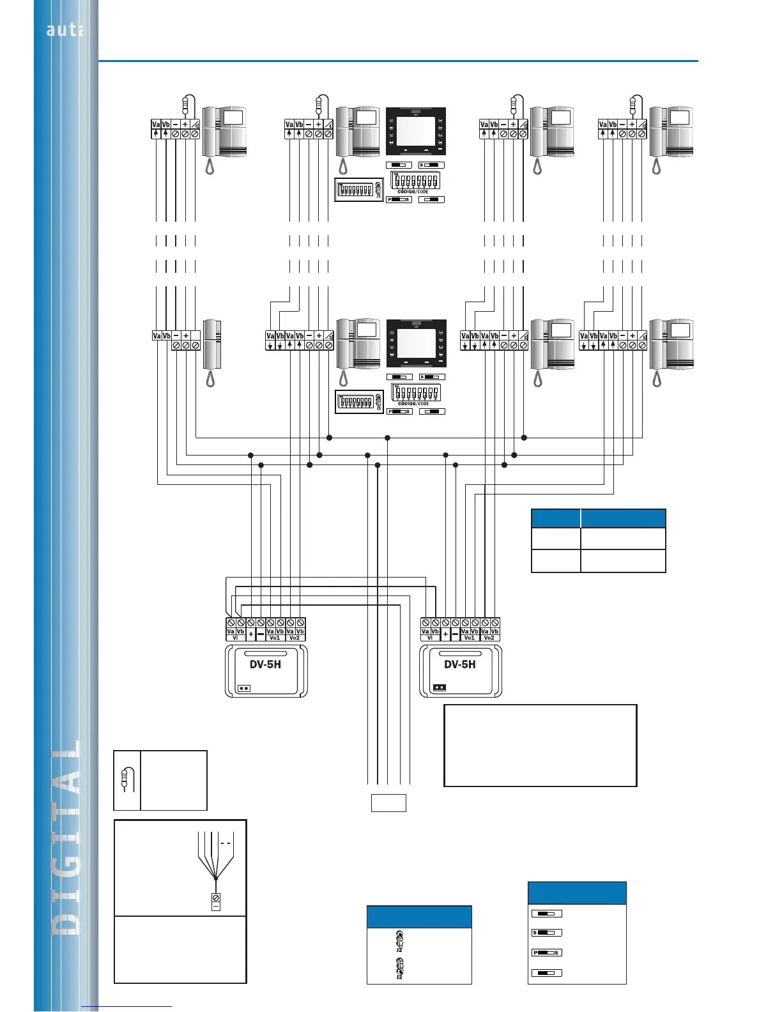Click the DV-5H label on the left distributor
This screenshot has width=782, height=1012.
tap(265, 664)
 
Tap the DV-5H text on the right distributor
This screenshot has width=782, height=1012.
tap(459, 664)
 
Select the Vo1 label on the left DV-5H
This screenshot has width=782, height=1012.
tap(275, 638)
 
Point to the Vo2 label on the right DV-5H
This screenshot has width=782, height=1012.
tap(489, 638)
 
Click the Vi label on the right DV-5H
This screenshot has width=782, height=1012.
tap(430, 638)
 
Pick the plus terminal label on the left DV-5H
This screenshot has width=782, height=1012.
tap(251, 634)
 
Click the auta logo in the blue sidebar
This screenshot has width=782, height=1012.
tap(65, 29)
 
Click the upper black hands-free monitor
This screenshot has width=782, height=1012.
tap(415, 131)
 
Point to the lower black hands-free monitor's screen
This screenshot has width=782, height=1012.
tap(415, 343)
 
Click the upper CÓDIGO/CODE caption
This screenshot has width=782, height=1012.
tap(413, 192)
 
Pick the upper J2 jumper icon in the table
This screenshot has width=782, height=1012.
tap(399, 940)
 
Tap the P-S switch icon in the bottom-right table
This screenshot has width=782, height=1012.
tap(546, 953)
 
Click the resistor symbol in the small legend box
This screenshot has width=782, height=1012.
tap(126, 779)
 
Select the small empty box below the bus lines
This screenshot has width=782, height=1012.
tap(388, 802)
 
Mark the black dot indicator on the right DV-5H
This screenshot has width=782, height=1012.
tap(440, 688)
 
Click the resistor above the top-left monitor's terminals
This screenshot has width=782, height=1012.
tap(185, 104)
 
